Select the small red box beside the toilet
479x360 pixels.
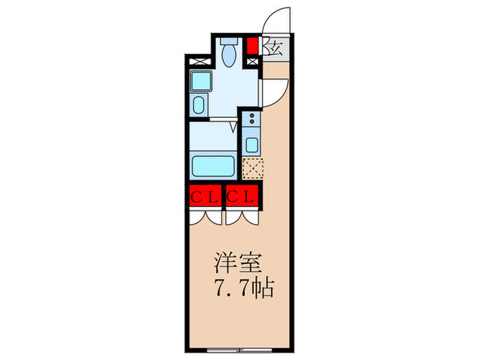(253, 47)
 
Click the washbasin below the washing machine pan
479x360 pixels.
(198, 105)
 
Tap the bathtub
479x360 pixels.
(213, 165)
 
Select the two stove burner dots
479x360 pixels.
(252, 119)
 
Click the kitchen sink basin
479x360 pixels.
(252, 144)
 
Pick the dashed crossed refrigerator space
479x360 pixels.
(253, 167)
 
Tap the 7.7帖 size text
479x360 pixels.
(243, 287)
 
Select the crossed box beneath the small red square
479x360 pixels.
(253, 62)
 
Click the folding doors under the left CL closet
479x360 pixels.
(205, 216)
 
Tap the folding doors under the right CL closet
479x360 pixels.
(242, 216)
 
